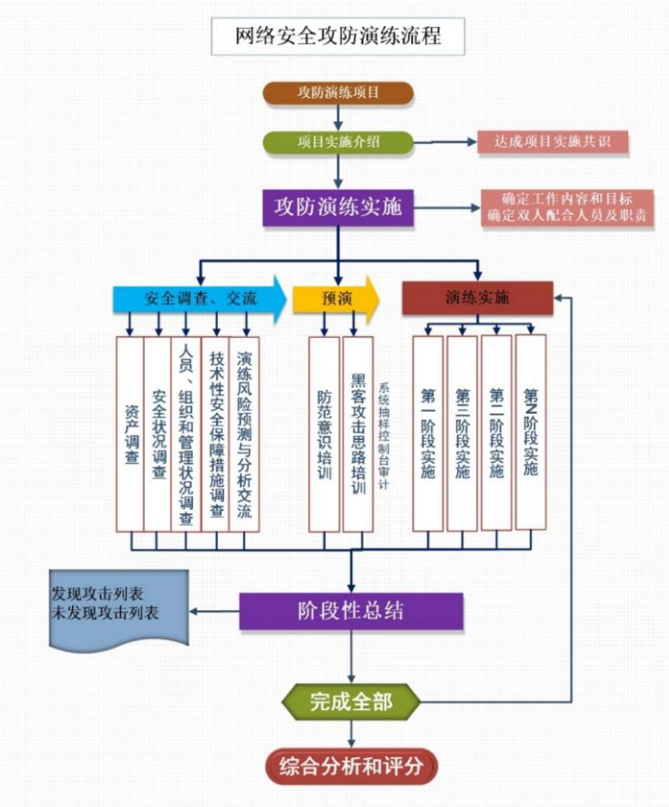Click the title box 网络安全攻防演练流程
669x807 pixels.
(x=337, y=36)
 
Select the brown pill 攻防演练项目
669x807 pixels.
(x=338, y=93)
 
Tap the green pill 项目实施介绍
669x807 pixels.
(x=338, y=142)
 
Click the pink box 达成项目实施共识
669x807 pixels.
(x=552, y=142)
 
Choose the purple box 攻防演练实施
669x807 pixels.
(x=338, y=207)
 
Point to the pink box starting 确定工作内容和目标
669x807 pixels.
(x=566, y=207)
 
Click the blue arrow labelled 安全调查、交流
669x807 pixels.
(x=200, y=299)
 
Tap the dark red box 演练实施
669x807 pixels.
(x=478, y=298)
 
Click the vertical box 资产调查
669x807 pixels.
(x=130, y=433)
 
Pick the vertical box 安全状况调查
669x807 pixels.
(x=158, y=433)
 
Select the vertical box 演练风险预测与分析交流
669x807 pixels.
(x=244, y=433)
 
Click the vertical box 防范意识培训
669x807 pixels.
(x=324, y=433)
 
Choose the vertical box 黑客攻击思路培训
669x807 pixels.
(x=357, y=433)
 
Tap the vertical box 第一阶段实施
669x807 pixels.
(x=428, y=433)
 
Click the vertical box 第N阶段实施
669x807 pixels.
(x=530, y=433)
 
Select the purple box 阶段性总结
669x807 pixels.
(x=351, y=612)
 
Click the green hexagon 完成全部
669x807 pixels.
(x=351, y=702)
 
